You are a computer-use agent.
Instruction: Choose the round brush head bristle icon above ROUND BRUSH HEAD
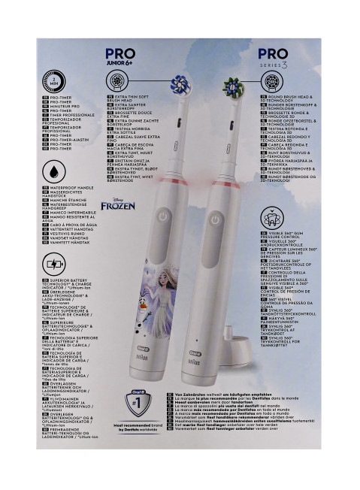tap(273, 82)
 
